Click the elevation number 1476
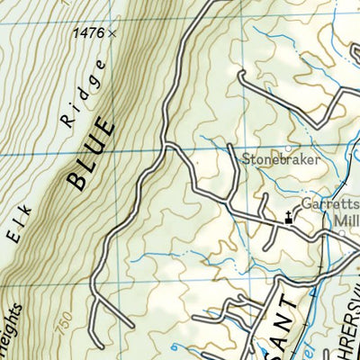pos(87,33)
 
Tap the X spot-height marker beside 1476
pos(112,33)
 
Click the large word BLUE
pos(92,151)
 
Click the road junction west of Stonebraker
pos(167,145)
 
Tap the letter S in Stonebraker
pos(245,160)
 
